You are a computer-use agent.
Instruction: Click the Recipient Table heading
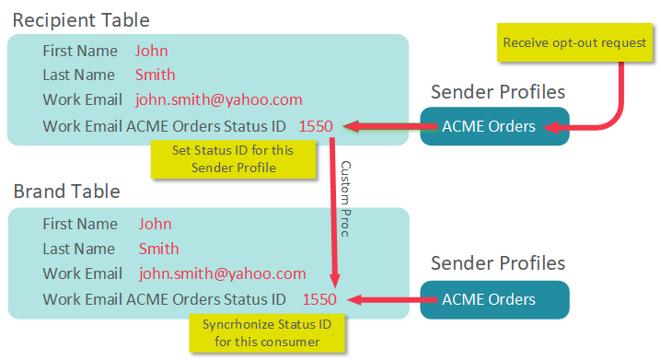81,19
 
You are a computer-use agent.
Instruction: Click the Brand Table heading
66,192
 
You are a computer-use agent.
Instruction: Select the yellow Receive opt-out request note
574,42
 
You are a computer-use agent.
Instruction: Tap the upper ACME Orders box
494,126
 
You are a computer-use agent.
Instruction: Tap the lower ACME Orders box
494,299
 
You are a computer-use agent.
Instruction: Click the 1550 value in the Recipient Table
316,126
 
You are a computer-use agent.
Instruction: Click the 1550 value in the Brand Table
319,299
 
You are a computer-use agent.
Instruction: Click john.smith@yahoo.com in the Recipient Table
218,99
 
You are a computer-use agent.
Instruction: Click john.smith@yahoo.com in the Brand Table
222,273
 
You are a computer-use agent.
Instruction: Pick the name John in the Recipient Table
151,51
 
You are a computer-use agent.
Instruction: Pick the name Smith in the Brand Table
158,249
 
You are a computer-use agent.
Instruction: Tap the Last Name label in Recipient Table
78,75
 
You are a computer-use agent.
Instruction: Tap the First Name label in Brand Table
80,224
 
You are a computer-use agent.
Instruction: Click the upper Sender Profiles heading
498,91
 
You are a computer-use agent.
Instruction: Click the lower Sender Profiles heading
498,263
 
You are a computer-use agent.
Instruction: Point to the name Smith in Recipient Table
155,75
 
